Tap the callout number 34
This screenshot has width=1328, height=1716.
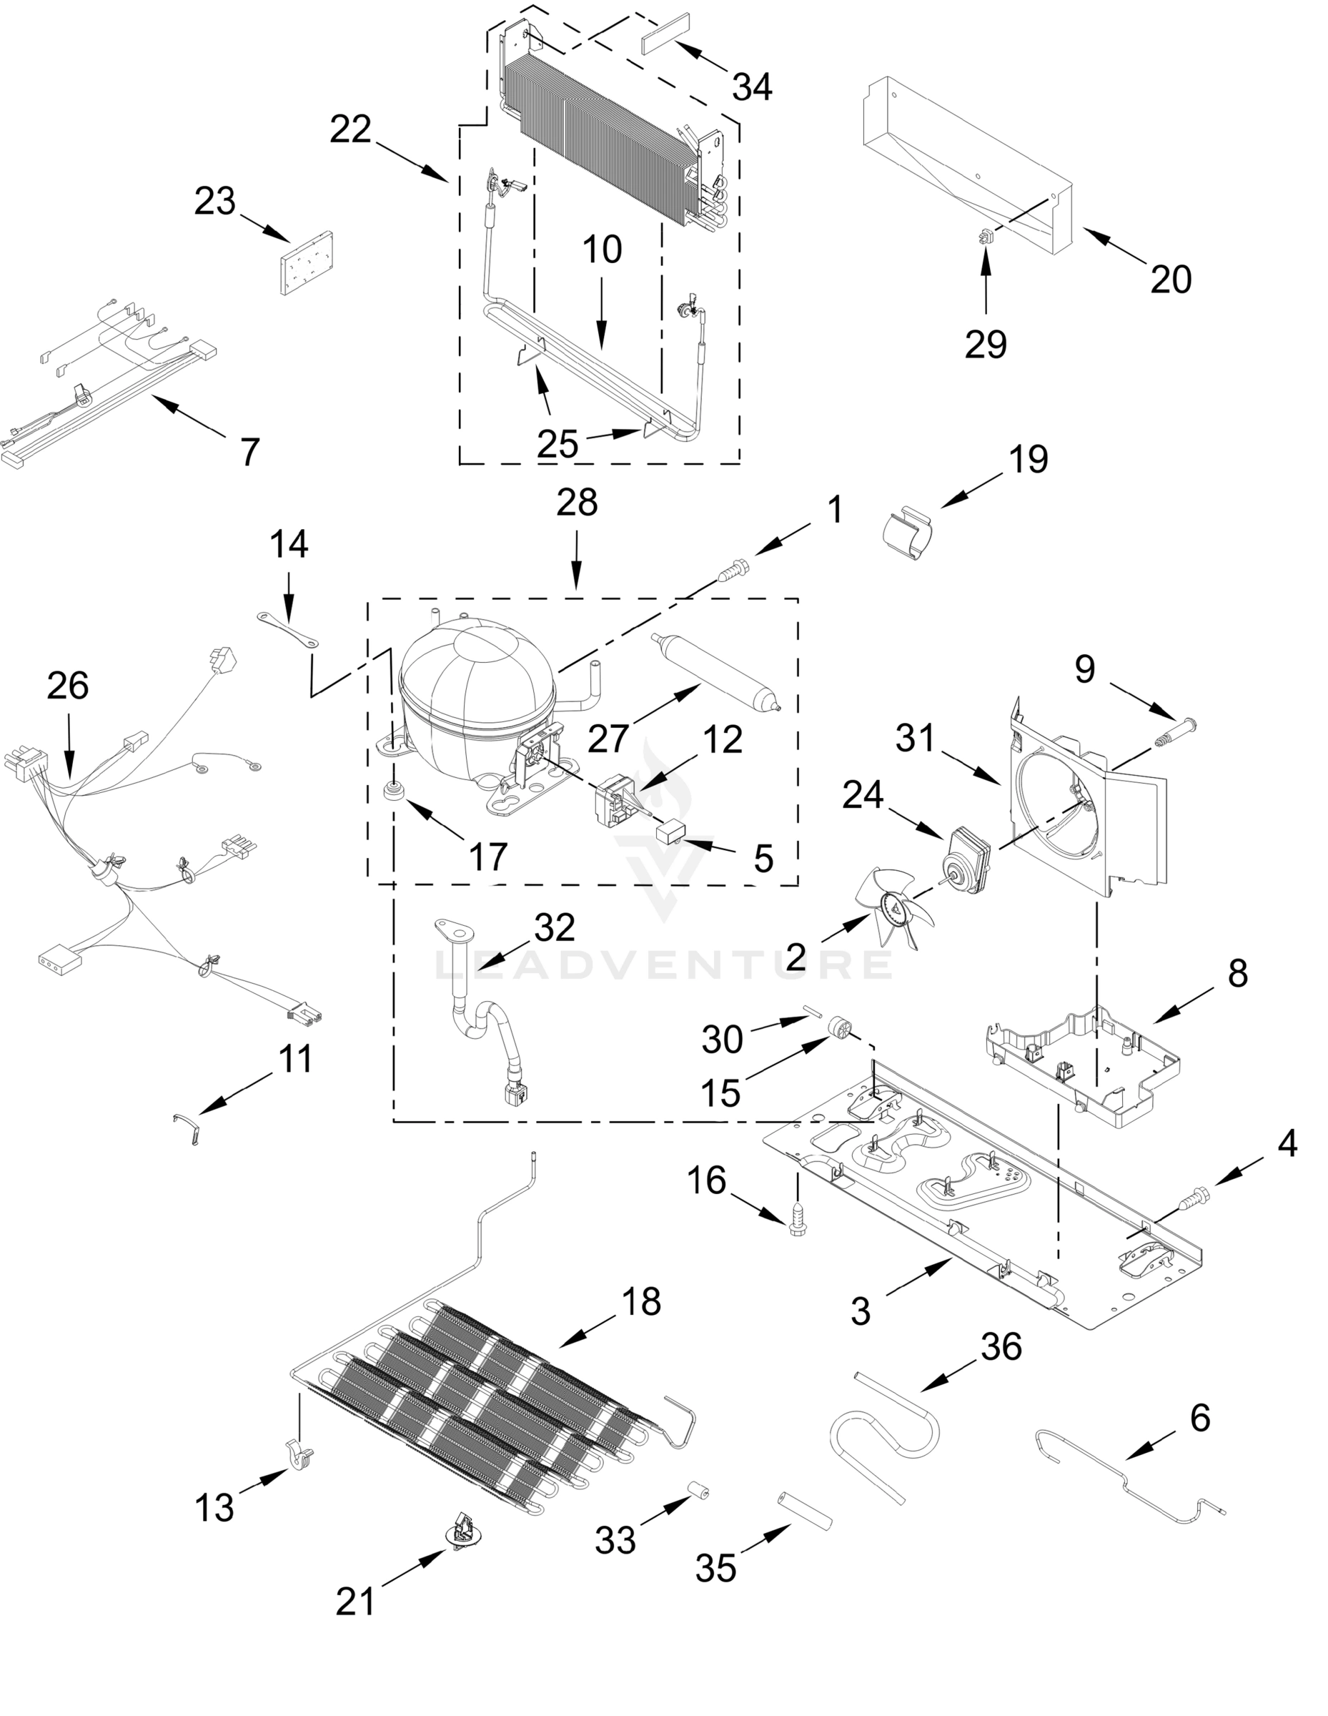(x=752, y=87)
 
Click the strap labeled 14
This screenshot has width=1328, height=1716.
(x=288, y=628)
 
